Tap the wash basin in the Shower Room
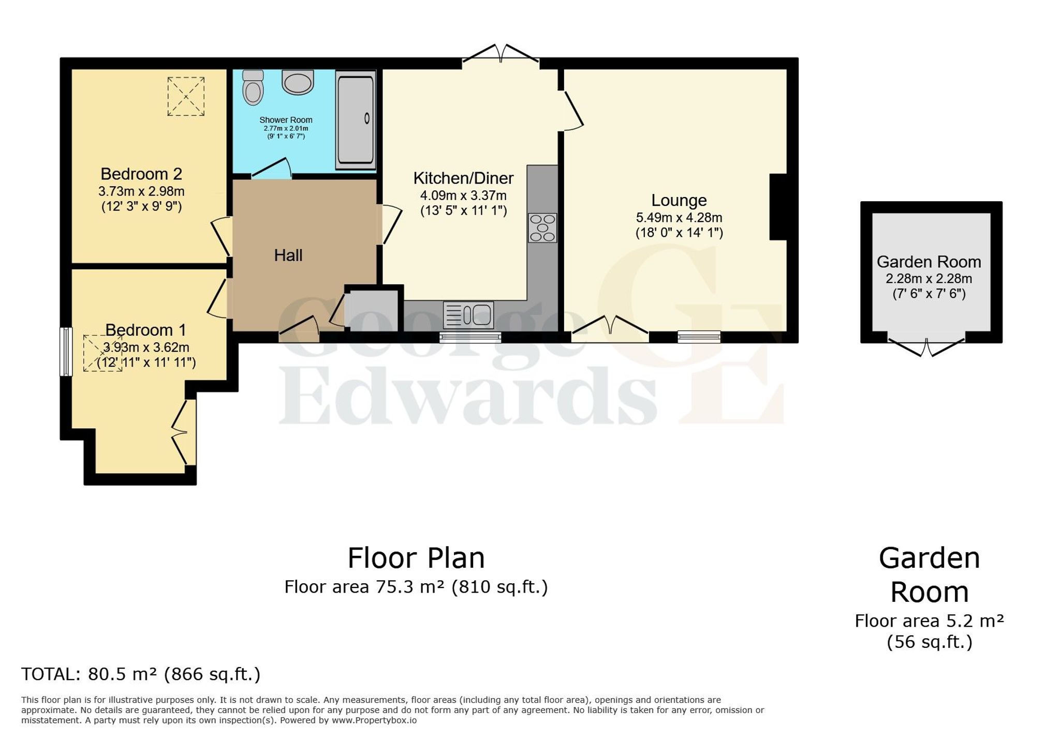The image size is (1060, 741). point(298,82)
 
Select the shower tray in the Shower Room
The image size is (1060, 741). point(356,119)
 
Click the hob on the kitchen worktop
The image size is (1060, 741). point(542,228)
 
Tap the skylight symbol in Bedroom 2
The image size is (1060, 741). point(186,97)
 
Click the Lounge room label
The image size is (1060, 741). point(679,200)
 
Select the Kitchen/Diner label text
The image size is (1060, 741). point(463,178)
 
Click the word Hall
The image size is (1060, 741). point(288,255)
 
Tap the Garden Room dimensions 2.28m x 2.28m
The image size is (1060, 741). point(929,279)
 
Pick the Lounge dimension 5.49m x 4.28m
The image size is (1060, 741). point(679,218)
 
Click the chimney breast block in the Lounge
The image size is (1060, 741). point(778,207)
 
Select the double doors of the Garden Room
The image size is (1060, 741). point(926,347)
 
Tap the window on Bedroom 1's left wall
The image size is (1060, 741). point(66,352)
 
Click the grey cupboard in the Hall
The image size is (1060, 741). point(371,310)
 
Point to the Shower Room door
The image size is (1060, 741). point(272,168)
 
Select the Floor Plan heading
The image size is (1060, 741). point(416,558)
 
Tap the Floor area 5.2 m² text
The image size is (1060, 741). point(929,621)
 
